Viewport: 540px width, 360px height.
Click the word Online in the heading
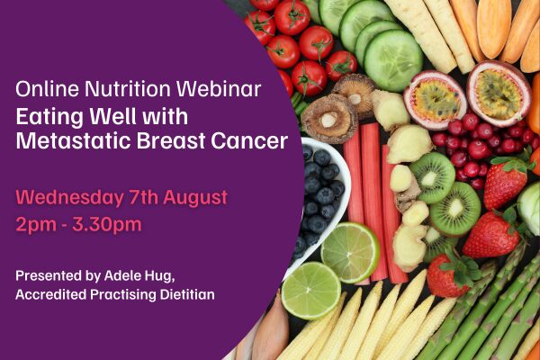tap(47, 89)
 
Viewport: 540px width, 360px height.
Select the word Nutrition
tap(128, 89)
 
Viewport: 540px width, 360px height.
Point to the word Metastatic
tap(74, 140)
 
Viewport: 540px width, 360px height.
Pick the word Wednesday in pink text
tap(69, 198)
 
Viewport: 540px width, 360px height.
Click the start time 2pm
tap(36, 225)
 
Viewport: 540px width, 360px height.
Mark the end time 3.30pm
tap(107, 225)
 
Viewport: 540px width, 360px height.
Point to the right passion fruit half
tap(499, 93)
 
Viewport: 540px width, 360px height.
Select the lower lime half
tap(311, 290)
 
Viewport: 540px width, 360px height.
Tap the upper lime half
tap(350, 252)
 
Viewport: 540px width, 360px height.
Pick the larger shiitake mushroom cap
tap(329, 119)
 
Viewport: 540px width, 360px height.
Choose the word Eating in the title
tap(49, 117)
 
